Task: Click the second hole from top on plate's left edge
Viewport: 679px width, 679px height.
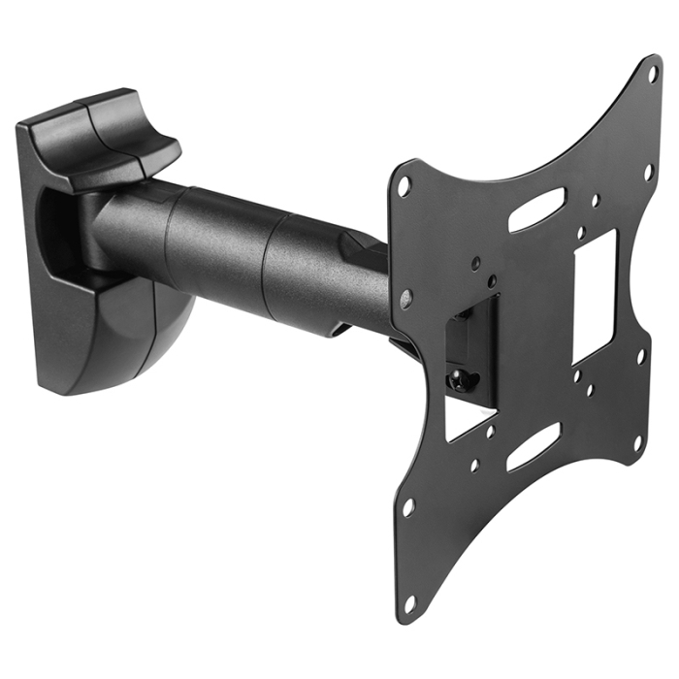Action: [405, 295]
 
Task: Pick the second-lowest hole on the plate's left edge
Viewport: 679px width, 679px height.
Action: [409, 505]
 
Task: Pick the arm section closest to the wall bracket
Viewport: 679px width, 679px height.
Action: [131, 228]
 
